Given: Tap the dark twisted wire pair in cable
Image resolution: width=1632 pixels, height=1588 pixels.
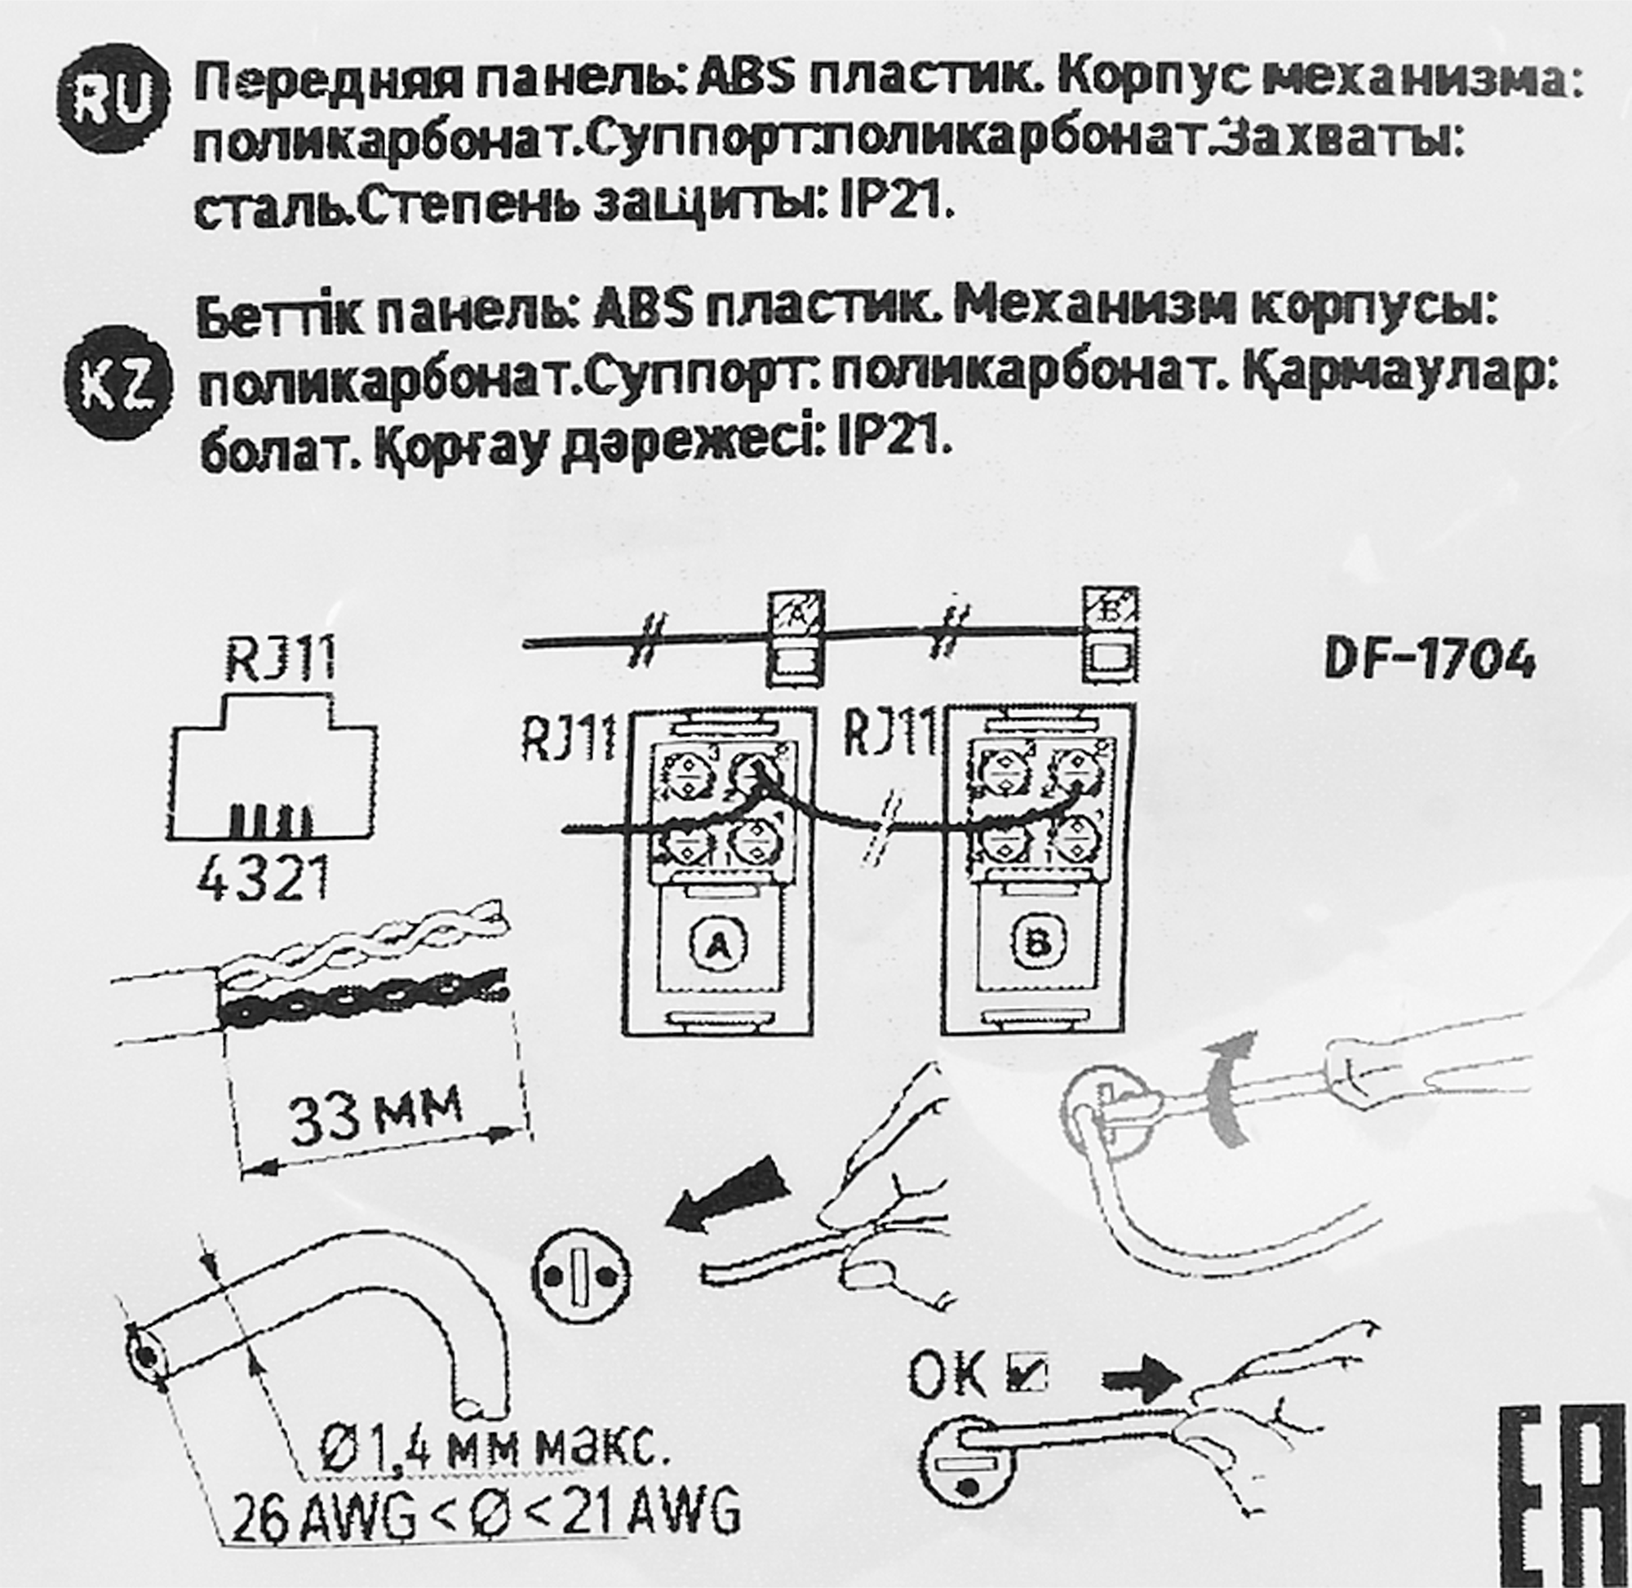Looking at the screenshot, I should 363,998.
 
